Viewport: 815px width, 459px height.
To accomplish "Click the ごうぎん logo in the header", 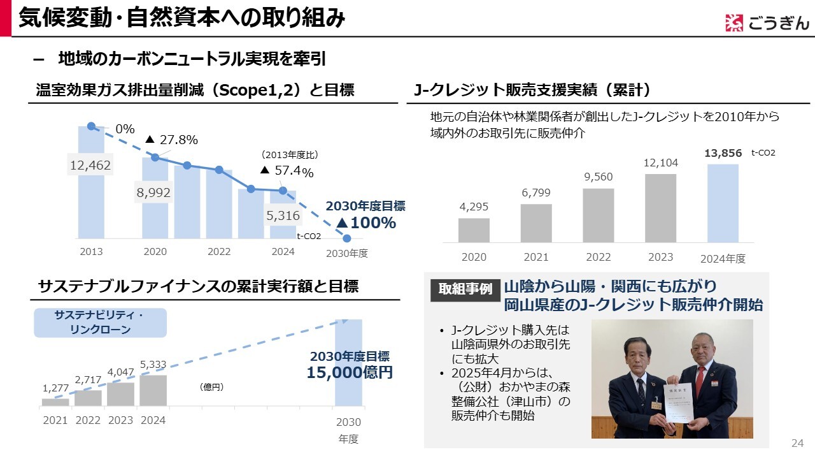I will [x=767, y=23].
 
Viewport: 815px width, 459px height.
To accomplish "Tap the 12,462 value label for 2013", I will [x=90, y=166].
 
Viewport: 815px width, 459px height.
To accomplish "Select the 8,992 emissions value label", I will [x=153, y=193].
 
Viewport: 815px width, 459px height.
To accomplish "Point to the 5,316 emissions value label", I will [x=283, y=216].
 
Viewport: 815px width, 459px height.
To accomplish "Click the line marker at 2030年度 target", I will [x=347, y=238].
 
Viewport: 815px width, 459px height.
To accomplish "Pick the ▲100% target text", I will [x=365, y=223].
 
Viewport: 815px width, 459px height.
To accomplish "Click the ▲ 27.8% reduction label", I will [x=172, y=140].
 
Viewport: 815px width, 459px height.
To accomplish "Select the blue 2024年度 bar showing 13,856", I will [x=723, y=203].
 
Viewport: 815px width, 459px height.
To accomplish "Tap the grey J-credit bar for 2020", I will [x=474, y=230].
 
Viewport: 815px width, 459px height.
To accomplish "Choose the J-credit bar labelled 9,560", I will [x=599, y=215].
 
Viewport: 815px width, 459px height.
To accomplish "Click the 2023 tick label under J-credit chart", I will [x=660, y=258].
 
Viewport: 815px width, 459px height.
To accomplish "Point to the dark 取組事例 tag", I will [x=465, y=289].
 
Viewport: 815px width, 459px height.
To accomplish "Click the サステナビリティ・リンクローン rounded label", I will [x=100, y=323].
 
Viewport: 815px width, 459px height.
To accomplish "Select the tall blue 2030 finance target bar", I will [x=348, y=362].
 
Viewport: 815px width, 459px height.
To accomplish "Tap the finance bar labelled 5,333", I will [x=153, y=390].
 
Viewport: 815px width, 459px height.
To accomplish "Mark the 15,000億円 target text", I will [x=350, y=373].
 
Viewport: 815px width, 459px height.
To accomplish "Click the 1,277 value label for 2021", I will [x=55, y=388].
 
